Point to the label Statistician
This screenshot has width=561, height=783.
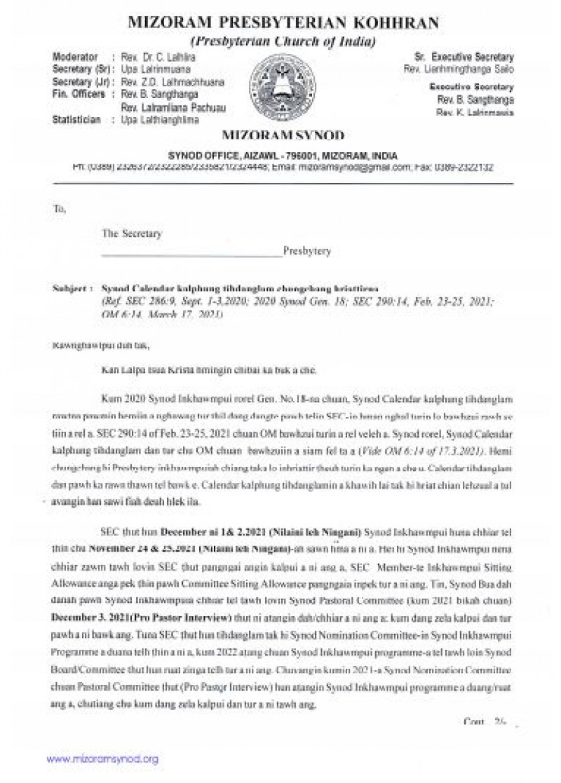coord(79,120)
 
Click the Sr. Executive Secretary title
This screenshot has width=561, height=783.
coord(464,57)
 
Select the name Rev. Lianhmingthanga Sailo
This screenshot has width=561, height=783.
coord(459,69)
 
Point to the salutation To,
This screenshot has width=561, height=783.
coord(60,209)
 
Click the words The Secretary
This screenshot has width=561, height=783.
coord(131,232)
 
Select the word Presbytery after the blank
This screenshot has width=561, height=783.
coord(307,250)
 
